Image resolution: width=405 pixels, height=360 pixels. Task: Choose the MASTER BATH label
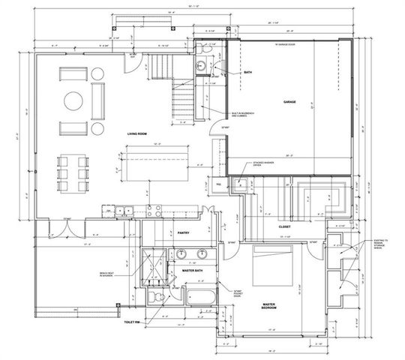(x=193, y=271)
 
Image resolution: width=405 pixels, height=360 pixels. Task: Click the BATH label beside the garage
(x=248, y=73)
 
